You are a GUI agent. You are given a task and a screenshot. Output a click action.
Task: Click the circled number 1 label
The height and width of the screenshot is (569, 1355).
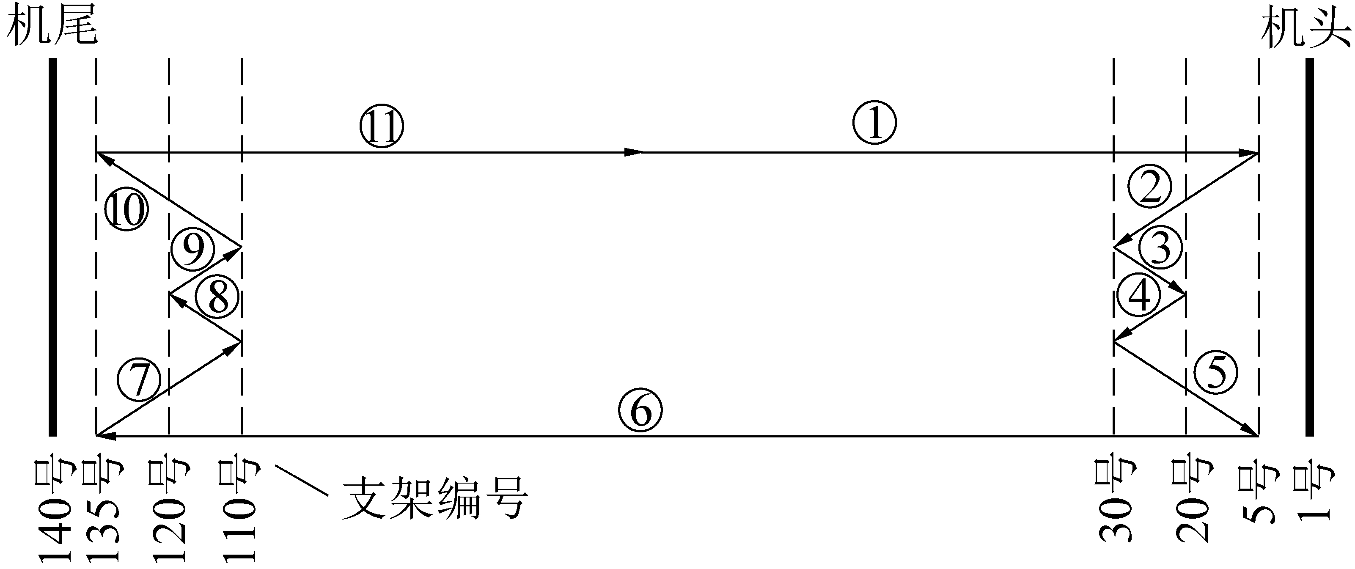874,123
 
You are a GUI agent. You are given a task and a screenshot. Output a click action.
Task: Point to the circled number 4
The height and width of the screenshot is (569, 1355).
1139,296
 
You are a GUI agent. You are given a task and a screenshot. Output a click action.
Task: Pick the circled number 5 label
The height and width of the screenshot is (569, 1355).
1216,372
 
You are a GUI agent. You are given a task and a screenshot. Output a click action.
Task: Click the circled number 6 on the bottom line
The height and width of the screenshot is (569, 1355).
640,411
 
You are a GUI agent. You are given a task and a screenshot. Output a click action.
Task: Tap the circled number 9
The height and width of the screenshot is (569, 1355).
192,249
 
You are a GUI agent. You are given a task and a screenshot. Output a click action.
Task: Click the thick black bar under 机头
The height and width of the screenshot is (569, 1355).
1309,247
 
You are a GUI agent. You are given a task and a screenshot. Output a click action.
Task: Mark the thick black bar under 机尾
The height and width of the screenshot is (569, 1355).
52,247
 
